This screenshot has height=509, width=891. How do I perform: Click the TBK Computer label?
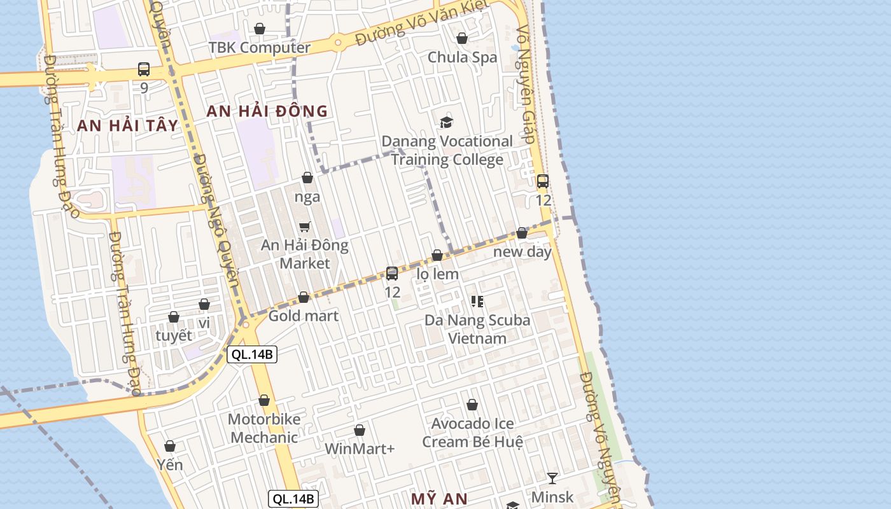260,48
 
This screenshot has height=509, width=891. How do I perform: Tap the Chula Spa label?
462,57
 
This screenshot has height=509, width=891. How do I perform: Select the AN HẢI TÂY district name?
127,125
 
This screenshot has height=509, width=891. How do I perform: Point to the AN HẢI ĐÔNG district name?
267,111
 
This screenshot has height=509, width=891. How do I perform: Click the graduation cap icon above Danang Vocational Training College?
447,122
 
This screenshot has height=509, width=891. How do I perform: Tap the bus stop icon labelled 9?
144,69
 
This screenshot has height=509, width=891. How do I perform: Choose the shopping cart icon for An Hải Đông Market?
305,227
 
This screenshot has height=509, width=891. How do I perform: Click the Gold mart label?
304,316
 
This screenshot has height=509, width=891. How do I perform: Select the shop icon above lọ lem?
437,255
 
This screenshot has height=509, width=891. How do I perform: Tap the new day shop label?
523,252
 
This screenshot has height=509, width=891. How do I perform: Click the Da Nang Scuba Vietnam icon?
477,301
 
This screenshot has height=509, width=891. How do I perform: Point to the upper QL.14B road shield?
252,354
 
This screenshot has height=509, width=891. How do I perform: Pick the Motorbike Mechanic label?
264,428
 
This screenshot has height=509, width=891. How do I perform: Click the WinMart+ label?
360,449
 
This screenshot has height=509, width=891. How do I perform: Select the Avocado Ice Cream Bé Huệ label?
473,432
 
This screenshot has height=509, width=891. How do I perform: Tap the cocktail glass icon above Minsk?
552,478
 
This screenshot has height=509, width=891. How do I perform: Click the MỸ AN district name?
439,499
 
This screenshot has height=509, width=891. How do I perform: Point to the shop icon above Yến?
170,446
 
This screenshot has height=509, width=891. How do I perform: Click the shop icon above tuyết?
174,317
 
